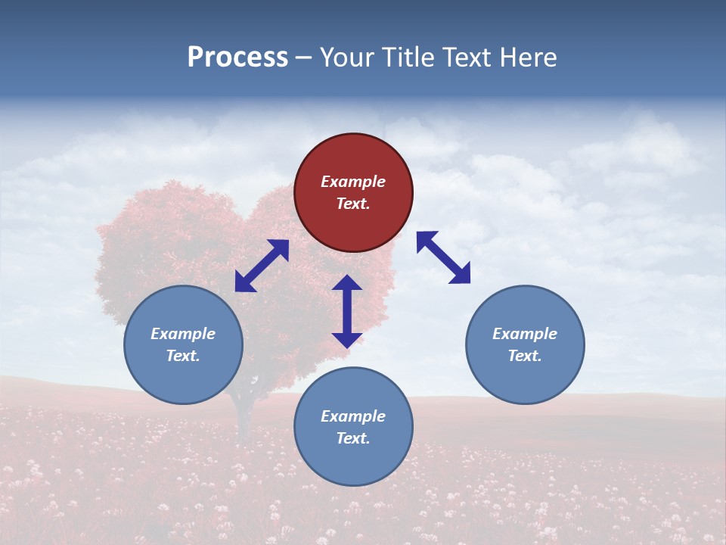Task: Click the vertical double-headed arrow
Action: (347, 311)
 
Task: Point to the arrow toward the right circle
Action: (444, 257)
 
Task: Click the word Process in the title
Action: (237, 58)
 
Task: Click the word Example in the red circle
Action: (353, 182)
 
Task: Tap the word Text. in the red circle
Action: (353, 204)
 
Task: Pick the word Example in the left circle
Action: (183, 334)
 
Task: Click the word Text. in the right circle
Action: (525, 356)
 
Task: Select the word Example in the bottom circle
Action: (353, 416)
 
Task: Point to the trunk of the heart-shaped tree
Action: (244, 420)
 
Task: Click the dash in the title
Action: (304, 58)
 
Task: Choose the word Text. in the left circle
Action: (183, 356)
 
